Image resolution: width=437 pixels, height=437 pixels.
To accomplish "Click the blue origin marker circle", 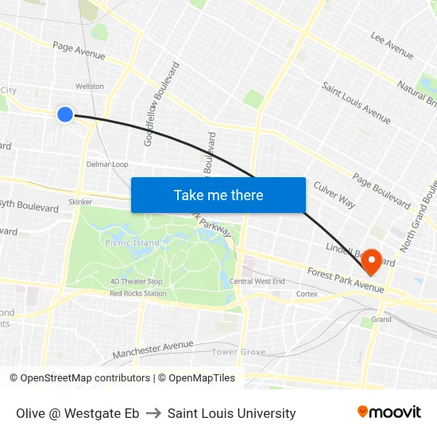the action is pos(65,114).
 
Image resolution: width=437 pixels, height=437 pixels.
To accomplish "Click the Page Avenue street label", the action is pos(79,50).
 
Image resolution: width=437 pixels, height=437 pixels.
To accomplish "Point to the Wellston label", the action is pos(89,86).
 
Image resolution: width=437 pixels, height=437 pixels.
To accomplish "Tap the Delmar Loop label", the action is pos(107,164).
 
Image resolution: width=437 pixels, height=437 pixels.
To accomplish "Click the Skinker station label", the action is pos(80,202).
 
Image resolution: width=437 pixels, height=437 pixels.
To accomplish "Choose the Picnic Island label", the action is pos(131,242).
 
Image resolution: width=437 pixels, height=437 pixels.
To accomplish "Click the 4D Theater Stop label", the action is pos(136,281).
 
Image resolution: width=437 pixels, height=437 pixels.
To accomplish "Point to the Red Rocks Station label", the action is pos(138,293).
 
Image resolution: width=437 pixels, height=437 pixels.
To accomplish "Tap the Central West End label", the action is pos(257,281).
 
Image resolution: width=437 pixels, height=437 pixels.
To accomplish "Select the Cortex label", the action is pos(307,293).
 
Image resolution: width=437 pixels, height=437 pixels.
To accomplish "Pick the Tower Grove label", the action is pos(238,351).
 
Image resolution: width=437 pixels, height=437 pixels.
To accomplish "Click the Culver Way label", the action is pos(335,195).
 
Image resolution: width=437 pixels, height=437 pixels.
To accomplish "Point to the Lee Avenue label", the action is pos(392,45).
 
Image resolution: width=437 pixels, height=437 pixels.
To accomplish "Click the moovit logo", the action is pos(389,412).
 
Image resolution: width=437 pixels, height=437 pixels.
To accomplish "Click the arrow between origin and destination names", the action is pos(153,413).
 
